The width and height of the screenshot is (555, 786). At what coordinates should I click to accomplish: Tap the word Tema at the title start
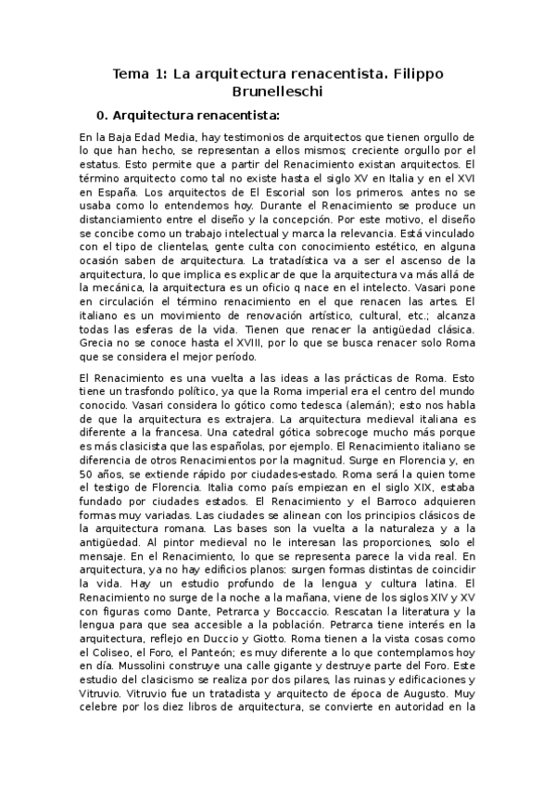point(131,72)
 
